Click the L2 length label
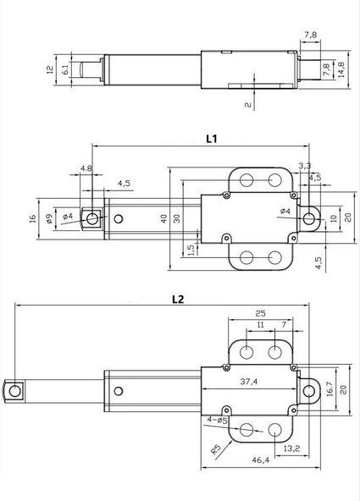(177, 299)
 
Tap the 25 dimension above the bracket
(261, 311)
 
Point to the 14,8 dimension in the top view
(341, 67)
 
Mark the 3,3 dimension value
(305, 165)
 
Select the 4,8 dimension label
(86, 168)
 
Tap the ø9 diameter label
(50, 217)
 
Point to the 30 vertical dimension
(178, 217)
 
